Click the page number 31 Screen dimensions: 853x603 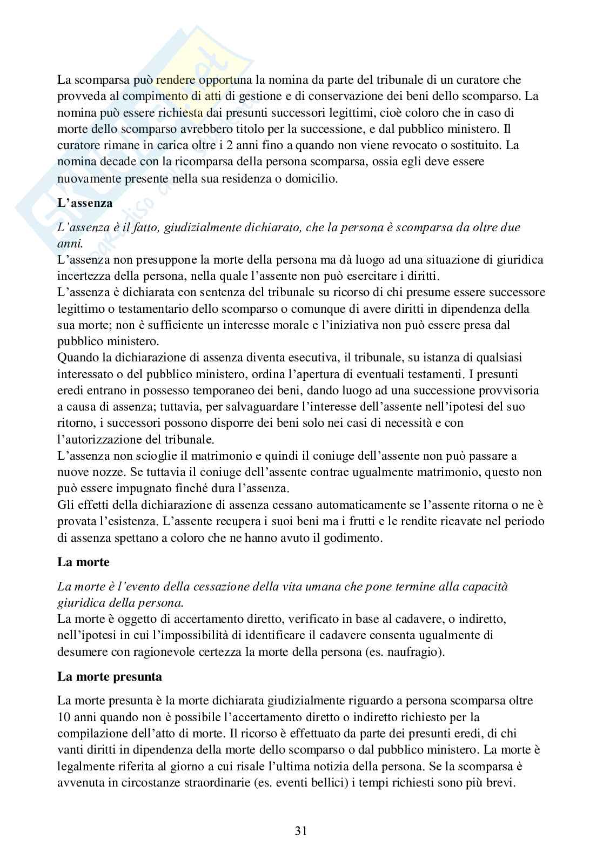301,831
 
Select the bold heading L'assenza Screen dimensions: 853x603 85,204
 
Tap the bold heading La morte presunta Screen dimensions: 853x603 110,676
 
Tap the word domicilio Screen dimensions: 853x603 308,179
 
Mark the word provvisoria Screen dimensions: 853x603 511,390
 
